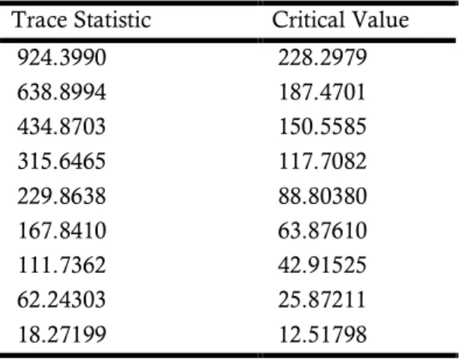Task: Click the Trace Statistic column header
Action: tap(82, 20)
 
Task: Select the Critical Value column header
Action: tap(341, 20)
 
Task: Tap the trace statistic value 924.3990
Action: tap(61, 58)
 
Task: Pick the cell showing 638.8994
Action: tap(61, 93)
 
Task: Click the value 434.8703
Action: tap(61, 127)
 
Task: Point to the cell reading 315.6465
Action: tap(61, 161)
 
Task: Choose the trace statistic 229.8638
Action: tap(61, 196)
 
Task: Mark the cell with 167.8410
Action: tap(61, 231)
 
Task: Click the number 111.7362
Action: tap(61, 265)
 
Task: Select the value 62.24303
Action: tap(61, 299)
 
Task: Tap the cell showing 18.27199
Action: tap(61, 334)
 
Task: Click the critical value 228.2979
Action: tap(322, 58)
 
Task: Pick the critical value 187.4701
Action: tap(322, 93)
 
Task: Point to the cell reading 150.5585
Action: tap(322, 127)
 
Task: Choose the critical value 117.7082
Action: tap(322, 161)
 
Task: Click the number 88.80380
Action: tap(322, 196)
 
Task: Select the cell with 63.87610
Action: tap(322, 231)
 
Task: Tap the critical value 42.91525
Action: tap(322, 265)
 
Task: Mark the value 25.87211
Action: tap(322, 299)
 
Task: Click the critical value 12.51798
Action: tap(322, 334)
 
